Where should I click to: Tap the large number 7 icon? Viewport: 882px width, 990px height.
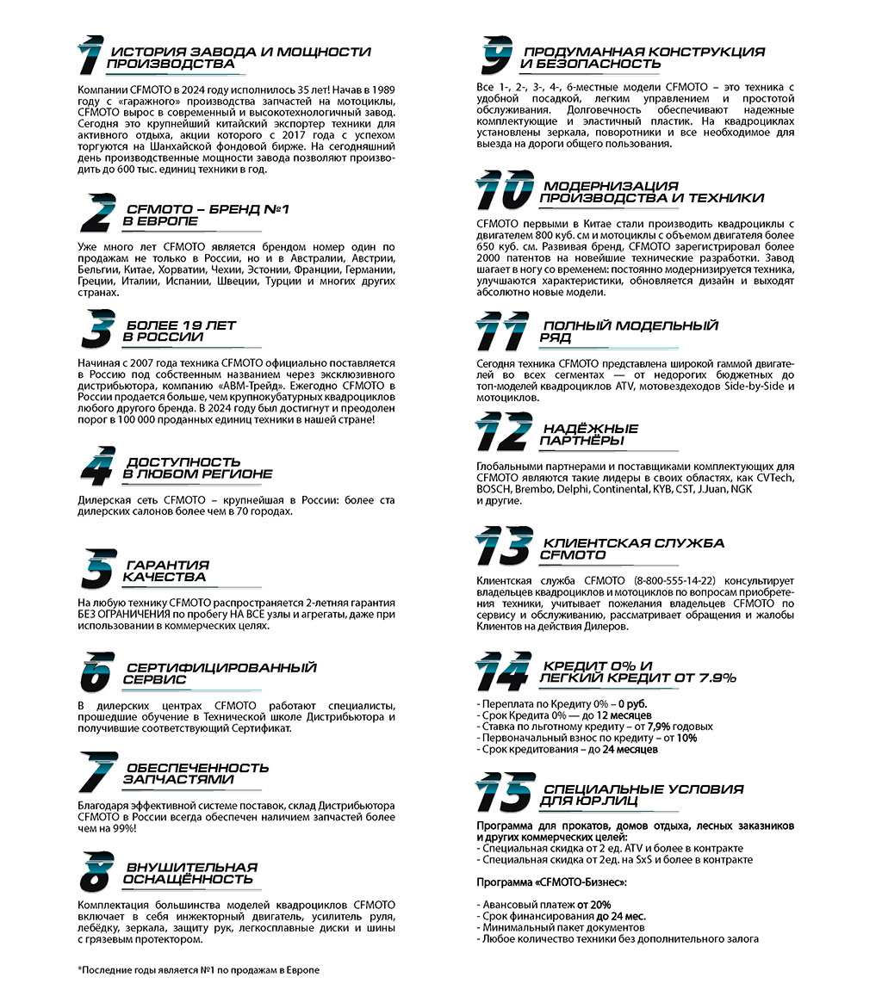96,771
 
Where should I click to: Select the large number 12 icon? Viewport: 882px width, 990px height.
503,432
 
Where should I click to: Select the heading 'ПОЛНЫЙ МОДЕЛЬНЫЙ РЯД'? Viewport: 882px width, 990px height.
629,332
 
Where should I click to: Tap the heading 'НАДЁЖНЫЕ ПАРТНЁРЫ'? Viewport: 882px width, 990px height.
590,435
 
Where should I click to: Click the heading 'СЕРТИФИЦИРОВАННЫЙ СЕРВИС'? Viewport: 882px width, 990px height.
221,673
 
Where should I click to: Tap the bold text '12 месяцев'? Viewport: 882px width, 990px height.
623,715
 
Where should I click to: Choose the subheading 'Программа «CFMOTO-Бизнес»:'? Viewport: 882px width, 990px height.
552,882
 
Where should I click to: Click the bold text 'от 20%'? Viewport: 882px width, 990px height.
594,905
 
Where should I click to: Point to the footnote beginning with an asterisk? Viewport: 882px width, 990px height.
198,970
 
